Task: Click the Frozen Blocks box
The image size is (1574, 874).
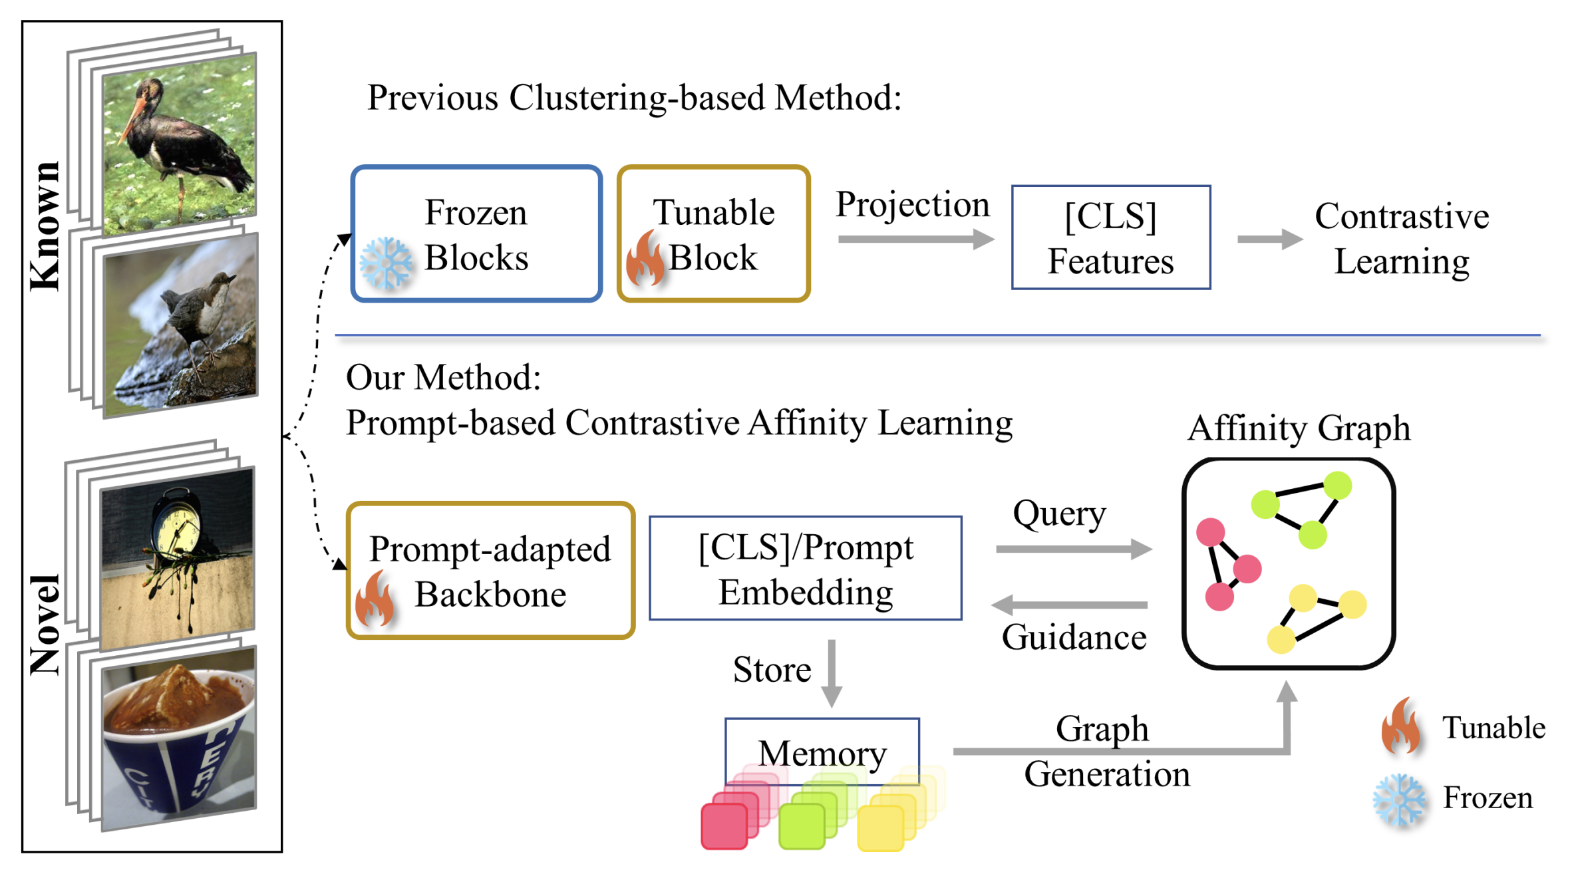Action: [476, 234]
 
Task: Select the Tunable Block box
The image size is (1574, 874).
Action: [714, 234]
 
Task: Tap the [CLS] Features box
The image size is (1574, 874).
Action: [1110, 237]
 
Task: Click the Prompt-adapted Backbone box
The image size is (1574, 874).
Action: [490, 571]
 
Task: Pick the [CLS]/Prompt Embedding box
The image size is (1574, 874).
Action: [805, 568]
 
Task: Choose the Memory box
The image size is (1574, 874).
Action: [822, 752]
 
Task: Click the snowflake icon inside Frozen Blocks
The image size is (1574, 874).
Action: [386, 263]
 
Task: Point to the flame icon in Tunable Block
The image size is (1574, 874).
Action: [644, 259]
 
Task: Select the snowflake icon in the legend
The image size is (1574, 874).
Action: [1399, 799]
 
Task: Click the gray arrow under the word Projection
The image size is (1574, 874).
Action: [915, 239]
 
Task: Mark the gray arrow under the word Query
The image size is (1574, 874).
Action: [1073, 549]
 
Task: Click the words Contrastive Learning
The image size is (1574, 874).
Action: [1402, 238]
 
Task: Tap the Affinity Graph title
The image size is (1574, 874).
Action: [1299, 428]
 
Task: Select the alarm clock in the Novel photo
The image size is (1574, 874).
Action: [176, 525]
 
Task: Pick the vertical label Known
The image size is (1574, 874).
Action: [45, 225]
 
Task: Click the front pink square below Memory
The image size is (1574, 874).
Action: [724, 826]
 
